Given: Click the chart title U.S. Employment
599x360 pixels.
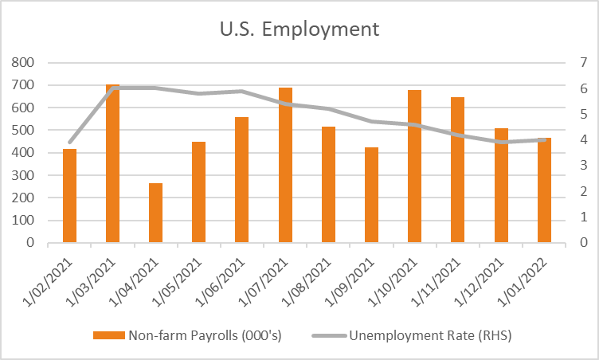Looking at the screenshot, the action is [x=299, y=29].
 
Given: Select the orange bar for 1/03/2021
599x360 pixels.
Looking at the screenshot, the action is [x=112, y=163].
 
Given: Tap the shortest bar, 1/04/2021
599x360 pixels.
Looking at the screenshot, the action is [x=155, y=213].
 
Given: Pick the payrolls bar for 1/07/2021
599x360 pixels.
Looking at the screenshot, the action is [x=285, y=165].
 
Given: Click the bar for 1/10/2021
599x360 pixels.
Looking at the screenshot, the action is [x=414, y=166].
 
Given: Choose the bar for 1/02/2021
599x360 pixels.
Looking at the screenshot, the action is [x=69, y=196].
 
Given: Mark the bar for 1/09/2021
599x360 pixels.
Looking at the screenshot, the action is [x=371, y=195].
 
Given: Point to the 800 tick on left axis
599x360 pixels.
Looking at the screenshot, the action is [x=22, y=62].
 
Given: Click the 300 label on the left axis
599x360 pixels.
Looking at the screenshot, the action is [x=22, y=175].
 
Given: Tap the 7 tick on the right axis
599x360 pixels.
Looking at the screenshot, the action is [x=583, y=62].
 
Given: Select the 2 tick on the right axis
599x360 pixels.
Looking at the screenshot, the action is [x=583, y=191].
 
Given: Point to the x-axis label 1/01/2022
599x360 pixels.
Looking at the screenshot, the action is [x=523, y=283].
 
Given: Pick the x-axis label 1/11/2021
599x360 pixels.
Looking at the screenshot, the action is [x=436, y=283].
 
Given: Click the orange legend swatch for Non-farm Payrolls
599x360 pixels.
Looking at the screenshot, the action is [x=109, y=335].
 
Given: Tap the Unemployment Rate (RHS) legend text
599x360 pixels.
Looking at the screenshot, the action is [x=430, y=335].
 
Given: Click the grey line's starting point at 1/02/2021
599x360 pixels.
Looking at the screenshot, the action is [x=69, y=143].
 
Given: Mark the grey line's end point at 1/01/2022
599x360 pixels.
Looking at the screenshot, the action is [x=544, y=140].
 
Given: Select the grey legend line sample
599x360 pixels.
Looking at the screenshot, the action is [x=329, y=336].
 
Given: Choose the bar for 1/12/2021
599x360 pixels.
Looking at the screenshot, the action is [x=501, y=186].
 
